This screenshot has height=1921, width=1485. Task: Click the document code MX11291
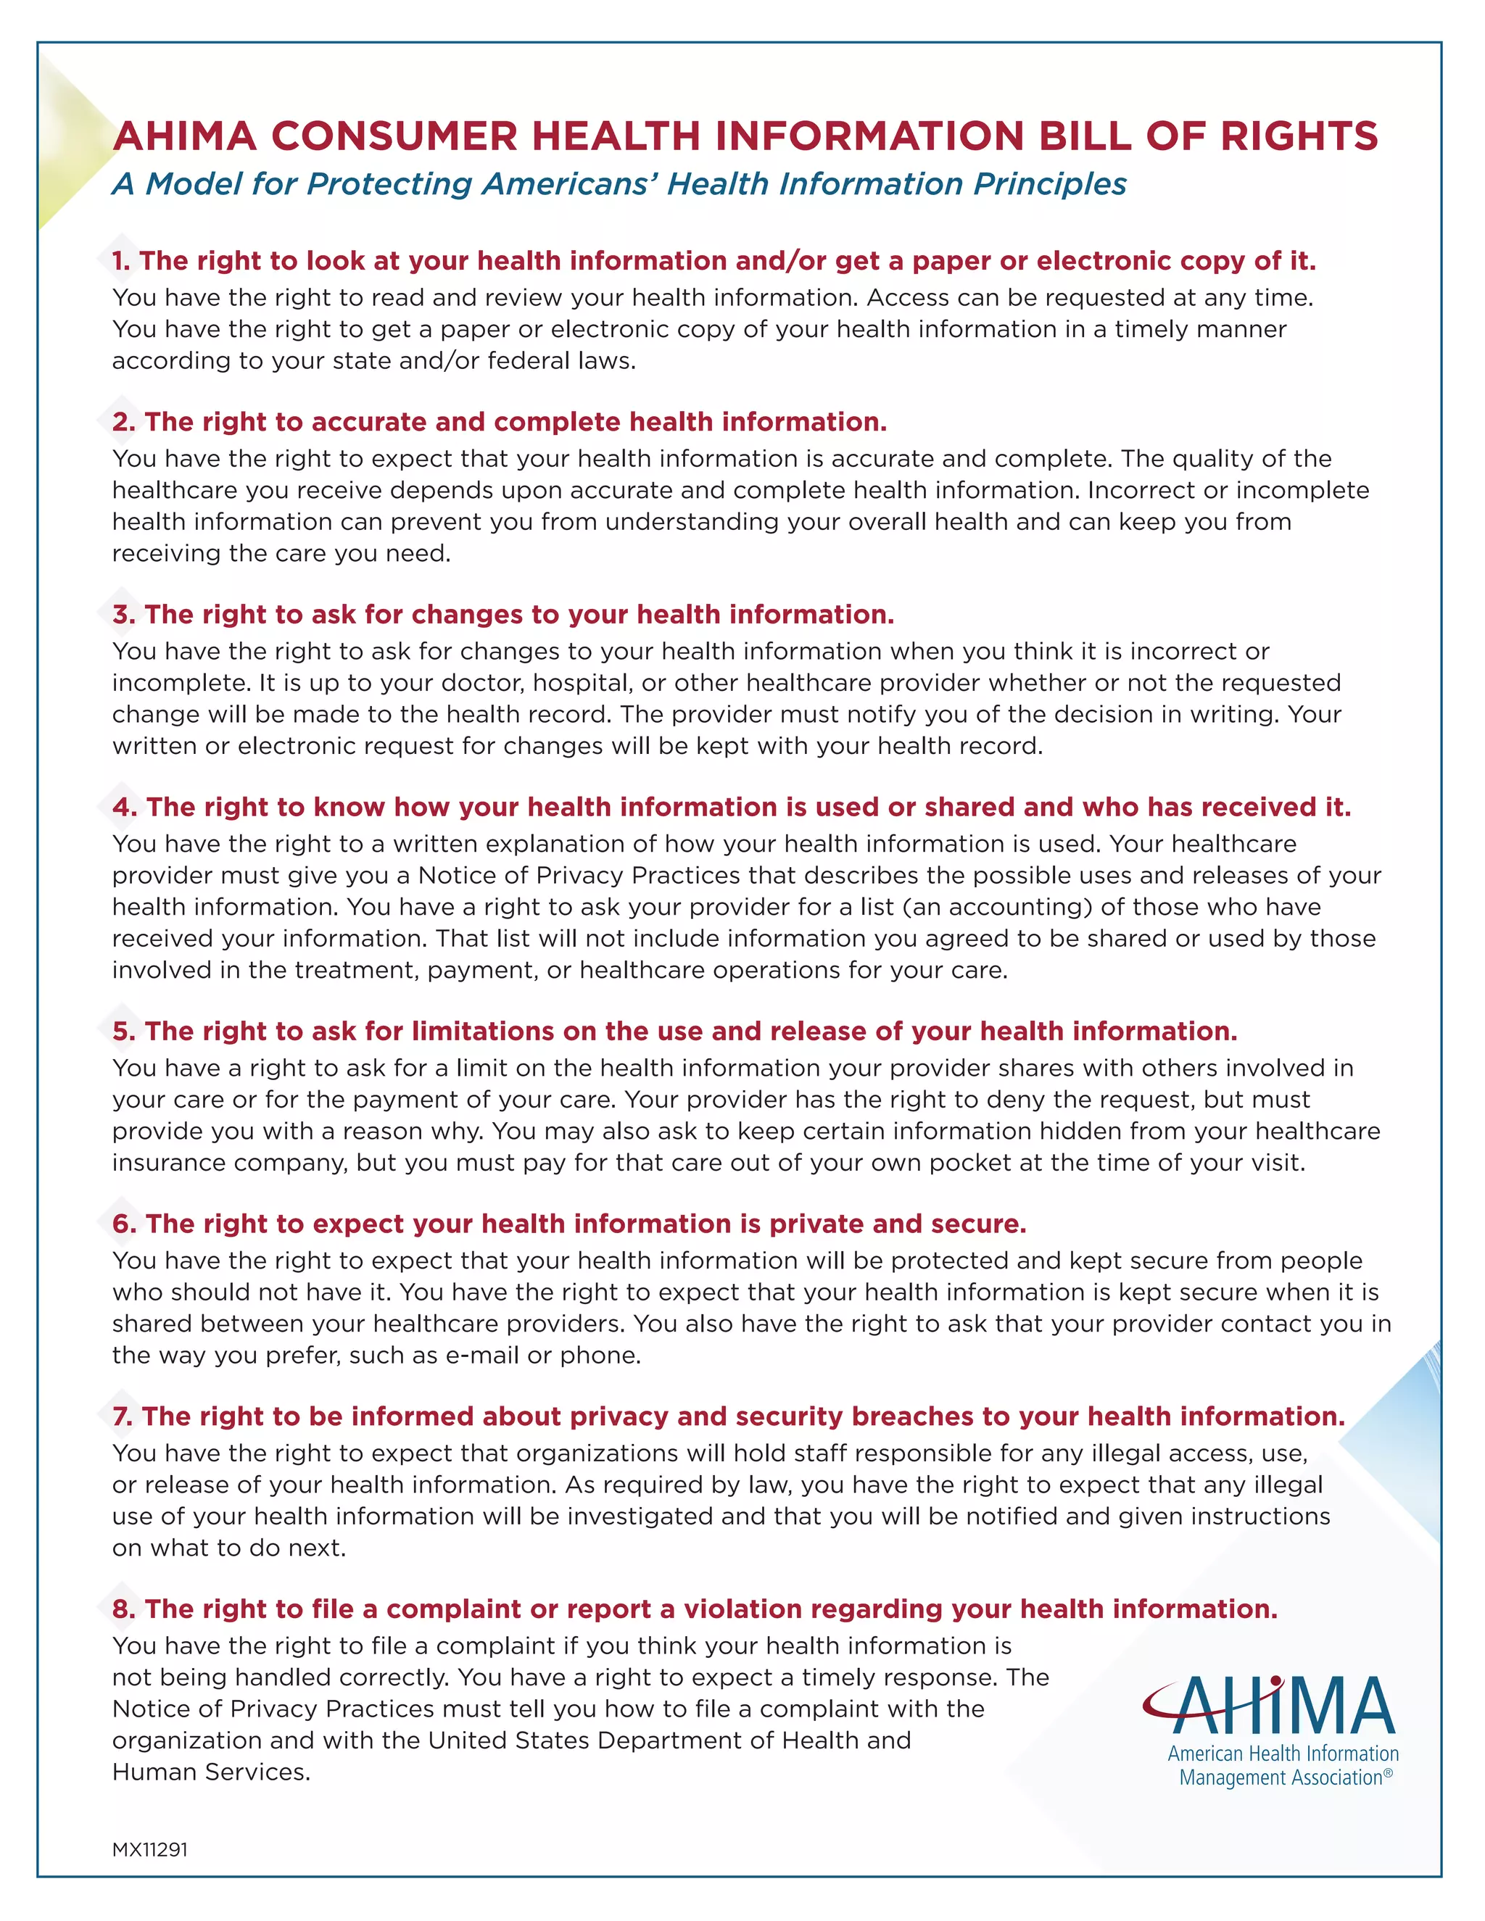149,1849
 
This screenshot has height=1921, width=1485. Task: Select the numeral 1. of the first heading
121,261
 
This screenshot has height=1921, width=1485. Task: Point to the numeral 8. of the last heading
123,1609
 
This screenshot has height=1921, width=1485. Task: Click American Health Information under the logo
1283,1753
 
